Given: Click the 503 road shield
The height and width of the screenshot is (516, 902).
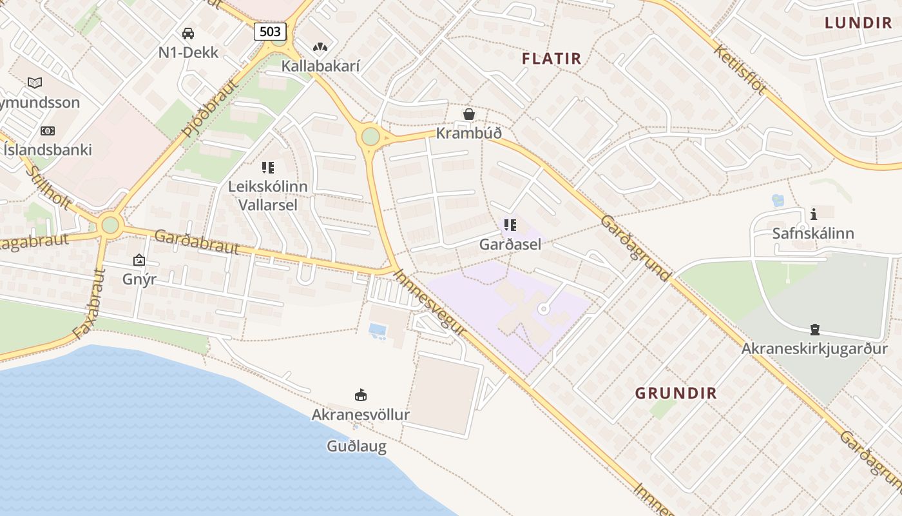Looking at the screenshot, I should click(270, 32).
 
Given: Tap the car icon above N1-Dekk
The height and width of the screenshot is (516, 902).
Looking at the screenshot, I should click(188, 34).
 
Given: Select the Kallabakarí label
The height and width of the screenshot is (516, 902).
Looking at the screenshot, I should click(320, 66).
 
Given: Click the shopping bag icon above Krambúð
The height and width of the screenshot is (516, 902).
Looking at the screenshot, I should click(469, 115).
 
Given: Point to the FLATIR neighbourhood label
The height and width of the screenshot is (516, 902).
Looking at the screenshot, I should click(552, 59).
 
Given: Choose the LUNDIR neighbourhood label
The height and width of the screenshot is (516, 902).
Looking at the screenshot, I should click(858, 23).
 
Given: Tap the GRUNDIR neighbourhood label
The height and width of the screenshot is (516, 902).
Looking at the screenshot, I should click(676, 393).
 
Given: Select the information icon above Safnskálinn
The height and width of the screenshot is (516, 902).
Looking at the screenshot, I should click(813, 214).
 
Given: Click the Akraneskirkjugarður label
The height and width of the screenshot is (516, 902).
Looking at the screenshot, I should click(814, 349).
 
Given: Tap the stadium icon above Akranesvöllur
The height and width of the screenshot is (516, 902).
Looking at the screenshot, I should click(361, 395).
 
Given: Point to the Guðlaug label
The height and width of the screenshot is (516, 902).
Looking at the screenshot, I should click(356, 446).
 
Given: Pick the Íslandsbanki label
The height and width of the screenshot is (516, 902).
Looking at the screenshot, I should click(48, 150).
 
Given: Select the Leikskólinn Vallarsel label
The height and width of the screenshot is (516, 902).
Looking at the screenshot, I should click(268, 195).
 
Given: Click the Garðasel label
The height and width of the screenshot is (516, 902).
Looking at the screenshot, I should click(510, 244).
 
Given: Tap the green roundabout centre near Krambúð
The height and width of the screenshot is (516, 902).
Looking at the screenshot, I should click(370, 137).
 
